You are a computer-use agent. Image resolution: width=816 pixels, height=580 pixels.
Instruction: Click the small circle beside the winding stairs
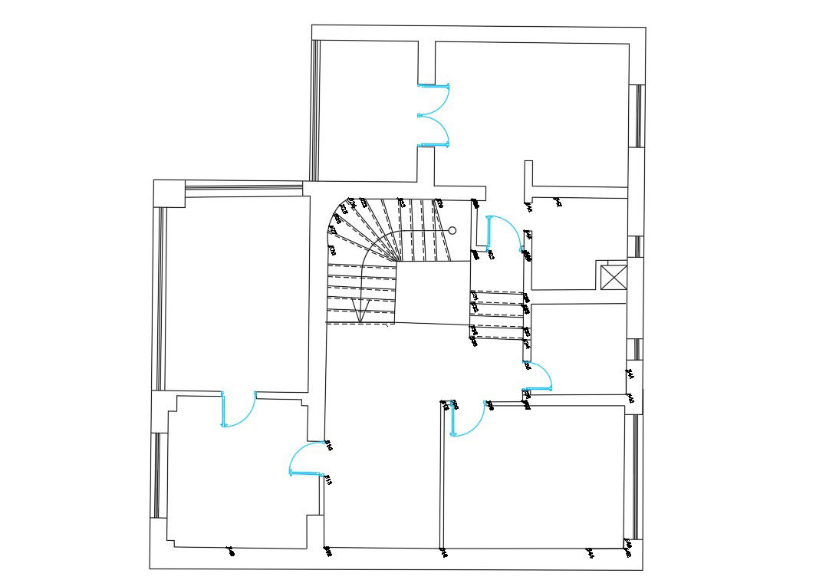pos(452,230)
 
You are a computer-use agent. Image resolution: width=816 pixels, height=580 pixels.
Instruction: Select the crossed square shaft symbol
pos(614,277)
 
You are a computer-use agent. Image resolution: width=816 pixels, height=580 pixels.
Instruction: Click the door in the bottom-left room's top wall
pos(239,410)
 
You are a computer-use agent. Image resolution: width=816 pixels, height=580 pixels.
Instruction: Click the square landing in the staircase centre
pos(433,292)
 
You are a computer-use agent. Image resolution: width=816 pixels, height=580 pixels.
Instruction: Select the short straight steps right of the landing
pos(498,314)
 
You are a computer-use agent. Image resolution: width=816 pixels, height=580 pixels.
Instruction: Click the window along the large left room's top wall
pos(244,185)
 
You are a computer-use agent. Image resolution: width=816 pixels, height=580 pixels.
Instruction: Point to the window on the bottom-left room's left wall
pos(156,476)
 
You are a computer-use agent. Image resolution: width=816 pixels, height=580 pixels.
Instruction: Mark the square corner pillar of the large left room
pos(169,193)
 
